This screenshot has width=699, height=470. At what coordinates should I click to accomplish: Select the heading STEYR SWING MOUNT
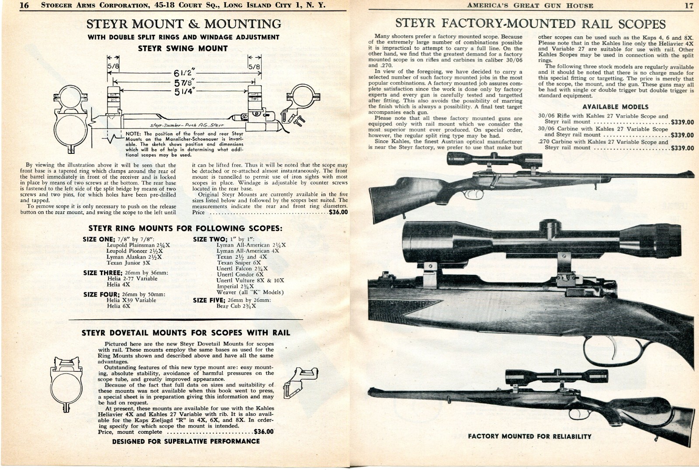pyautogui.click(x=183, y=48)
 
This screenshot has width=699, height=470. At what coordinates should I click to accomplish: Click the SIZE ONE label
pyautogui.click(x=99, y=239)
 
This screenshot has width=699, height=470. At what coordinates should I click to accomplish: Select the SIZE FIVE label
pyautogui.click(x=209, y=300)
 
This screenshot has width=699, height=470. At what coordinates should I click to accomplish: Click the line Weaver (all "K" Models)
pyautogui.click(x=250, y=292)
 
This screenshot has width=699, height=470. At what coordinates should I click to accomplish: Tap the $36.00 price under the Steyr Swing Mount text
pyautogui.click(x=338, y=212)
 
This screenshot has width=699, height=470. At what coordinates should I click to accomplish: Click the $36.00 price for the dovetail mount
pyautogui.click(x=264, y=432)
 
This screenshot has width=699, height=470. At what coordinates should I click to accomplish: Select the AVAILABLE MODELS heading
pyautogui.click(x=615, y=107)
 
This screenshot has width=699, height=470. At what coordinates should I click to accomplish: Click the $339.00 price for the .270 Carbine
pyautogui.click(x=682, y=148)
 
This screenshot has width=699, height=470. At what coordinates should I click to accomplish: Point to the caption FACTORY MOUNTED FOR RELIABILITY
pyautogui.click(x=529, y=436)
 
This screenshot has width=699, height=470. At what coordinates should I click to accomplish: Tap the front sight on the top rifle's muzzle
pyautogui.click(x=691, y=174)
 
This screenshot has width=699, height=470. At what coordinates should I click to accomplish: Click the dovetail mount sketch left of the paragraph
pyautogui.click(x=67, y=383)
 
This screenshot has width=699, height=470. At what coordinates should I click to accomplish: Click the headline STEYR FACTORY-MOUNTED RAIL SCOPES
pyautogui.click(x=530, y=24)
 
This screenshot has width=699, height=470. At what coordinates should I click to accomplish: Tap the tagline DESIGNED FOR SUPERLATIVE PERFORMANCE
pyautogui.click(x=186, y=441)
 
